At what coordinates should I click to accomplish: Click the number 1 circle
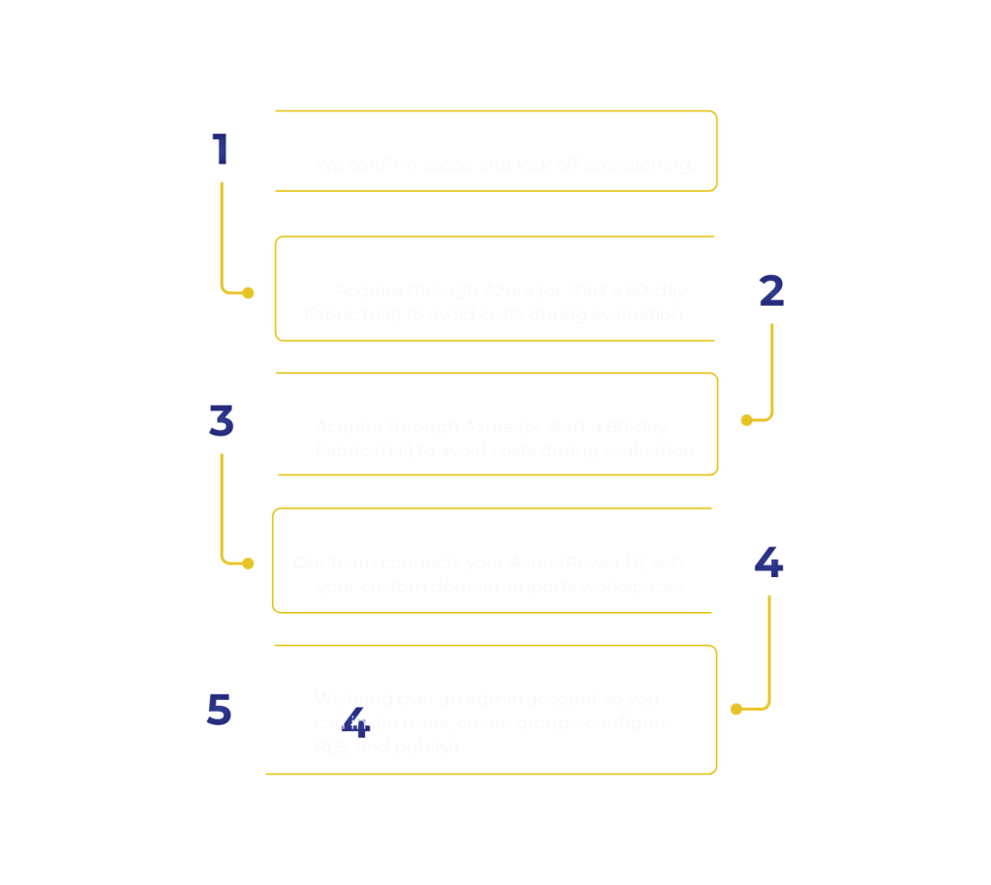222,150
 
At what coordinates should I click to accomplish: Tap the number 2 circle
771,290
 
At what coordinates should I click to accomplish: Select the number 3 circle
222,421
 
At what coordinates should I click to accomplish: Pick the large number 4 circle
768,563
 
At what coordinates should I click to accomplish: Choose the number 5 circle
219,709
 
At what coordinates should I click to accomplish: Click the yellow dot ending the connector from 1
249,292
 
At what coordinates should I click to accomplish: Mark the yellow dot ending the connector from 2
746,420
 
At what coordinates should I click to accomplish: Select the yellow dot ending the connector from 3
249,564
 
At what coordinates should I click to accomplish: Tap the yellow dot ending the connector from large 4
736,709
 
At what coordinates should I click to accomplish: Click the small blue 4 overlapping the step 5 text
355,721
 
